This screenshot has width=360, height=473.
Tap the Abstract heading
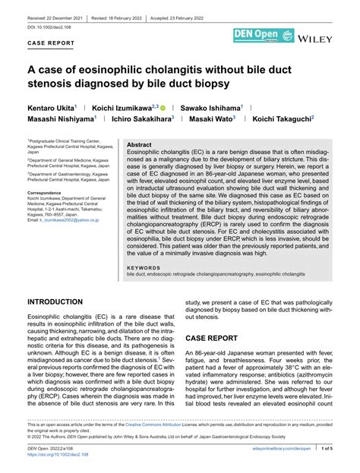(139, 144)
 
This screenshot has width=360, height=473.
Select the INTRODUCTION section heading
(60, 301)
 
